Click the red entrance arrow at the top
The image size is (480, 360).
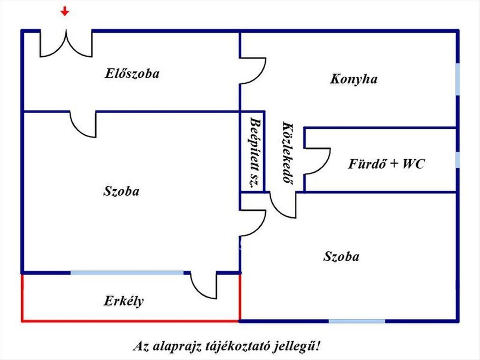(65, 12)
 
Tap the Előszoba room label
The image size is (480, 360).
(132, 74)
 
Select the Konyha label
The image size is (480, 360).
(354, 79)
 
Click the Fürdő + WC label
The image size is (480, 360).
(386, 164)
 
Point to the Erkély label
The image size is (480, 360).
(124, 301)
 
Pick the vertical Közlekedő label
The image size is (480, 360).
(286, 152)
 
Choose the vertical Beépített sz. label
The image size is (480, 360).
(252, 152)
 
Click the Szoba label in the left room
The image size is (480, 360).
(121, 191)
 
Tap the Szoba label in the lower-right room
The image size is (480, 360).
(341, 256)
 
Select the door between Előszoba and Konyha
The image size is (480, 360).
(252, 71)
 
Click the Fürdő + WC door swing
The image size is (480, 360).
(317, 161)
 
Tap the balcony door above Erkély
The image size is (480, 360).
(204, 284)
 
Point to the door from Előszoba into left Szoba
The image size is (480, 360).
(83, 124)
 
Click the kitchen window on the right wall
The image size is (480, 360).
(458, 79)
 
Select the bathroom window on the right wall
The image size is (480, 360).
(458, 160)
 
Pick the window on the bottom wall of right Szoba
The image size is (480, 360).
(357, 321)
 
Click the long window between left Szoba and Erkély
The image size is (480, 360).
(127, 273)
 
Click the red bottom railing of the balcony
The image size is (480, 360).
(130, 321)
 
